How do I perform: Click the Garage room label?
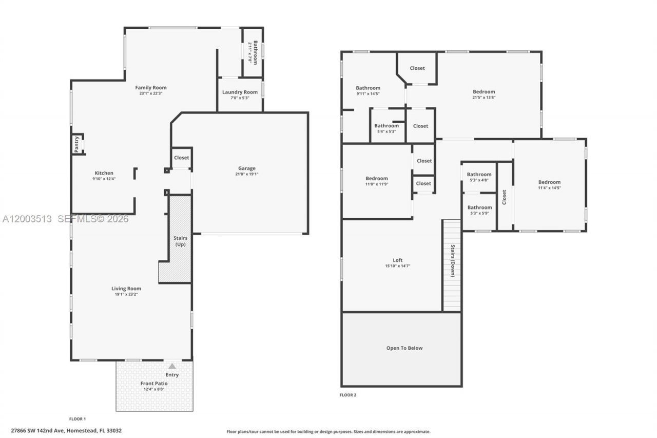coord(246,168)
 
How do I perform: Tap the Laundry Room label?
coord(240,92)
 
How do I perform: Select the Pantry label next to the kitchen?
coord(76,144)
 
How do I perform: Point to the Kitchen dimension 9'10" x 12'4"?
coord(104,179)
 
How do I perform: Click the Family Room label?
coord(150,88)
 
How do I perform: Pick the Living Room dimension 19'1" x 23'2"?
coord(126,294)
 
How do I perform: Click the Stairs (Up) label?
coord(180,241)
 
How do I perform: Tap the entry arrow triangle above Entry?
coord(172,366)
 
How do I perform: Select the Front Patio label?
coord(154,384)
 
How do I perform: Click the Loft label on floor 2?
coord(398,260)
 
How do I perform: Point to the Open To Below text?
coord(404,348)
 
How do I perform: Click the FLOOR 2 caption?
coord(347,395)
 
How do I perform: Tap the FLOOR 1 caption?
coord(78,419)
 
